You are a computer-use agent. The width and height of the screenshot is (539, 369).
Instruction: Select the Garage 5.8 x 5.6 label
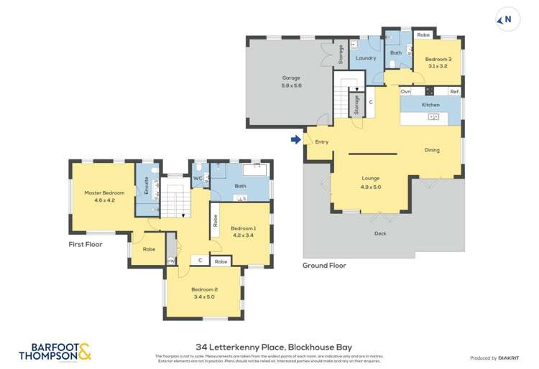tap(291, 81)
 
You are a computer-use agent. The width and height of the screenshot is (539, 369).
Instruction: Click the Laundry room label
tap(366, 58)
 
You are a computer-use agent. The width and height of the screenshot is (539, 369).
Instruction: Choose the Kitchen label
tap(430, 105)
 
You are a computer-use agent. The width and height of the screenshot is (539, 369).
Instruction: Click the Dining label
tap(432, 150)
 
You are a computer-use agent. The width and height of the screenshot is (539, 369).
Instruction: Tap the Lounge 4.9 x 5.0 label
tap(371, 182)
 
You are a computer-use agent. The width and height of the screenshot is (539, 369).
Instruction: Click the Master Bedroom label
tap(104, 196)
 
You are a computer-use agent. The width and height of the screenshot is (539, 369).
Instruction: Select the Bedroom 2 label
tap(204, 292)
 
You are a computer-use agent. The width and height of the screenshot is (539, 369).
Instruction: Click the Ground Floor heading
tap(324, 266)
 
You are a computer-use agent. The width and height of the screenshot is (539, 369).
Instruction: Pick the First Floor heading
tap(86, 244)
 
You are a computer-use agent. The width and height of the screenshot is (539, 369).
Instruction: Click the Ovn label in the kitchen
tap(405, 91)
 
